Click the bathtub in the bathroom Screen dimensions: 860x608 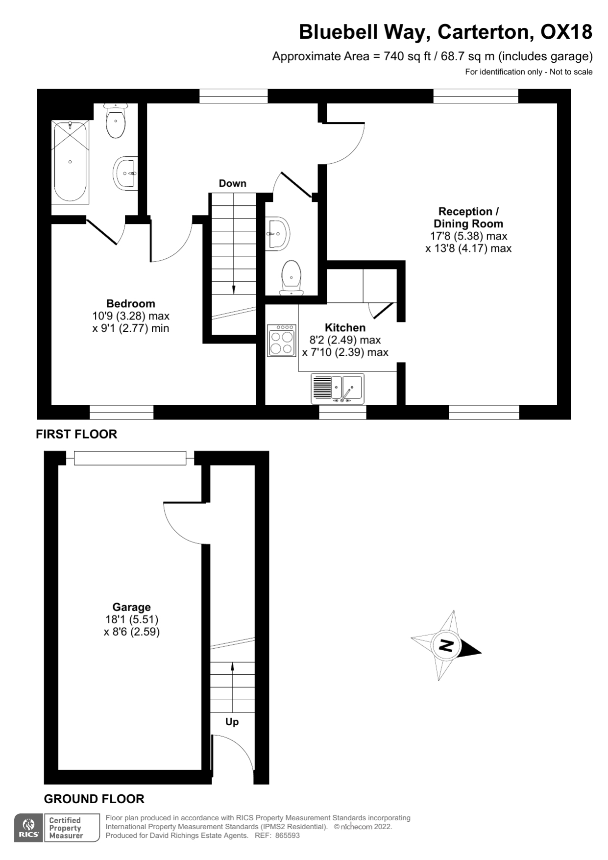click(x=70, y=162)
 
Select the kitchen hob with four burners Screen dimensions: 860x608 click(x=282, y=341)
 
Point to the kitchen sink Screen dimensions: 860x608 click(x=338, y=388)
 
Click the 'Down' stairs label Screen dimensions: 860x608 click(x=232, y=183)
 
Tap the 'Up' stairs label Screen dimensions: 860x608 click(x=232, y=722)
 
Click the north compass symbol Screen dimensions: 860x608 click(x=446, y=645)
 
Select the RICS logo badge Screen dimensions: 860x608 click(x=29, y=828)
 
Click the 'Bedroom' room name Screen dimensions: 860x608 click(x=130, y=303)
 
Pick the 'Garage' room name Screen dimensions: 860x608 click(x=131, y=607)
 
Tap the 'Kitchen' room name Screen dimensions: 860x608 click(x=345, y=327)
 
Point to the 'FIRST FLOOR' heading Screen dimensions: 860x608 click(x=76, y=434)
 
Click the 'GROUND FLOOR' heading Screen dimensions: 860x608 click(x=94, y=799)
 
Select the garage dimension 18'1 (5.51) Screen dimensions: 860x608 click(x=132, y=619)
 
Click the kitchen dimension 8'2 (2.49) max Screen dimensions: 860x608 click(x=345, y=340)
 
